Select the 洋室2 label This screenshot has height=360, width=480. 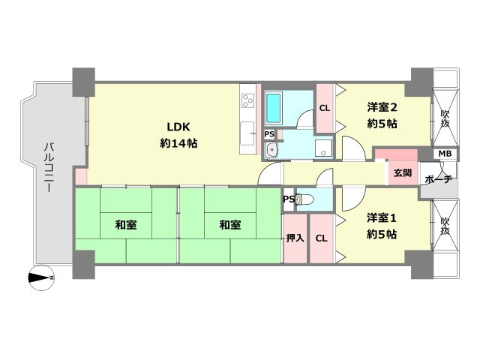tap(382, 106)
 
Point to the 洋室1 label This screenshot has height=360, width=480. tap(382, 217)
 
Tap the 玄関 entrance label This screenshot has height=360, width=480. tap(402, 173)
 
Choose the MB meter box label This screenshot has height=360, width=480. tap(445, 154)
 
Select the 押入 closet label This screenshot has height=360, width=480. tap(295, 238)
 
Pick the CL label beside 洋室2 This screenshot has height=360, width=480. tap(325, 108)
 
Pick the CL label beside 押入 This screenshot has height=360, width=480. tap(320, 238)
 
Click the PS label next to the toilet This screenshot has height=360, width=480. tap(289, 199)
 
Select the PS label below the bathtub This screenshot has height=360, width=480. tap(269, 133)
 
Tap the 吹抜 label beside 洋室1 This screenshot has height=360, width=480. tap(444, 226)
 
